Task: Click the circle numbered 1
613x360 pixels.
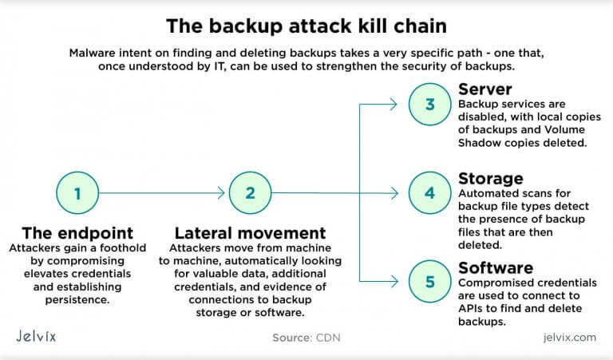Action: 77,192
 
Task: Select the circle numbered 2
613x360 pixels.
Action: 250,192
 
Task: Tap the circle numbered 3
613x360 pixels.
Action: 429,104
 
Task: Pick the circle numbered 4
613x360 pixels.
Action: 429,192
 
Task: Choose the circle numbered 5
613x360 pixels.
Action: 429,281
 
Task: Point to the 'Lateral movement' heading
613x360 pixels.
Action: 250,233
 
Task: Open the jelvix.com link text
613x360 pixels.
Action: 566,338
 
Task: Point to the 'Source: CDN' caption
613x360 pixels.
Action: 306,338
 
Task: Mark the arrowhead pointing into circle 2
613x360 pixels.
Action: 222,192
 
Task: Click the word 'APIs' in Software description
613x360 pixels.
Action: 474,309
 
